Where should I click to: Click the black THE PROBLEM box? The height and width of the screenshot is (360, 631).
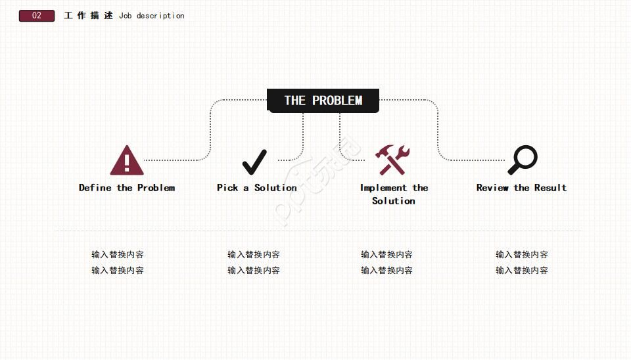[323, 101]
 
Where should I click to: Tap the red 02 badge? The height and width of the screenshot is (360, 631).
[37, 16]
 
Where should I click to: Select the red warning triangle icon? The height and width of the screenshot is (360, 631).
[126, 161]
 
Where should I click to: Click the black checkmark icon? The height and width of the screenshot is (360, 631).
[254, 162]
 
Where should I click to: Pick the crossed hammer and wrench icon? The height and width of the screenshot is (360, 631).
[392, 160]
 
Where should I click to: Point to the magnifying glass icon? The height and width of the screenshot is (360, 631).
[523, 160]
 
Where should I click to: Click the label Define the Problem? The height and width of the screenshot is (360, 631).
[127, 188]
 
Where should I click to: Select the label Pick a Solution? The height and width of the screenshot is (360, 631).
[257, 188]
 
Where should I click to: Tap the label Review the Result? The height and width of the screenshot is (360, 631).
[521, 188]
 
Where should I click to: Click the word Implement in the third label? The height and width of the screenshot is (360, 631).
[384, 188]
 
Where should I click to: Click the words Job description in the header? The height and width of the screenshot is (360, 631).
[152, 16]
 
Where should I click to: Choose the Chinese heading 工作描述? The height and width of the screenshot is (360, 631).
[88, 16]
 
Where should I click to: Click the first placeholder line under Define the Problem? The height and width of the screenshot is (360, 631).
[118, 255]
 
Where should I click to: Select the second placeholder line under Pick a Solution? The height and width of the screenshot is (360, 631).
[254, 271]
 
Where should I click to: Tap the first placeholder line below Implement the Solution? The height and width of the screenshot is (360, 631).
[386, 255]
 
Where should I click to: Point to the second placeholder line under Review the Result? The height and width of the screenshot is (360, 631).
[521, 271]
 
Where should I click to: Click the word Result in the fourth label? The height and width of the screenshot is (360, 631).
[550, 188]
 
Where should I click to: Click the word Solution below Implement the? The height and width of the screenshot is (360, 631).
[393, 201]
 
